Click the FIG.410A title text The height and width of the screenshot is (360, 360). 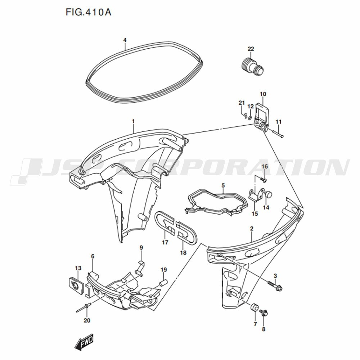tap(89, 12)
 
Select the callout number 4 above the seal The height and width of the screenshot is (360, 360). tap(125, 40)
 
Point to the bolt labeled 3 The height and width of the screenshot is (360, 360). tap(275, 285)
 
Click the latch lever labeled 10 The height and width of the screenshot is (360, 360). tap(262, 116)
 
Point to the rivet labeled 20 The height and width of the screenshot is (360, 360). tap(84, 308)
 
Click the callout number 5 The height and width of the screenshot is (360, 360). tap(223, 185)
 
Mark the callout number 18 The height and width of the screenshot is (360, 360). tap(183, 253)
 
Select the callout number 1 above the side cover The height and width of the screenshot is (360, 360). tap(133, 121)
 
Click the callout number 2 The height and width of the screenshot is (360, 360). tap(252, 229)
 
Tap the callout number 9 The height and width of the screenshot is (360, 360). tap(141, 248)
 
